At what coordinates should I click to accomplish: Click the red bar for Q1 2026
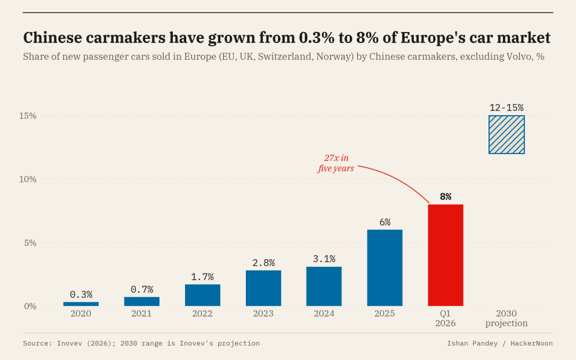point(445,255)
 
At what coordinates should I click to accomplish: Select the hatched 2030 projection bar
point(506,134)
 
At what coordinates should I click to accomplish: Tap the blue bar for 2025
point(385,268)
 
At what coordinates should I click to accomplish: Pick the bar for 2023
point(263,288)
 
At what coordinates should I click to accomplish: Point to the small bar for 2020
point(81,304)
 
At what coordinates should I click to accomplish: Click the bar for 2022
point(203,295)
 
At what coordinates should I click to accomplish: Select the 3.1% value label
point(324,259)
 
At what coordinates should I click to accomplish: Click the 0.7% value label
point(142,290)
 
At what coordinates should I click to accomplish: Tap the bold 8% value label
point(445,196)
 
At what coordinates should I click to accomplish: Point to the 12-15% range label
point(507,108)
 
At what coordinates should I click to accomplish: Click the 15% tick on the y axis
point(28,116)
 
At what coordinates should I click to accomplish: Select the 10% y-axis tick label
point(28,179)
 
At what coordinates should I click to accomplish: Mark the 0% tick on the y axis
point(30,306)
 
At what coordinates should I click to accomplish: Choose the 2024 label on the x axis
point(324,314)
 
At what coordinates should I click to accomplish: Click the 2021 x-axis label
point(141,314)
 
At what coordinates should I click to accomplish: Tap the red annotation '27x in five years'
point(336,163)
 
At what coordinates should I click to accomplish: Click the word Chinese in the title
point(52,37)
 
